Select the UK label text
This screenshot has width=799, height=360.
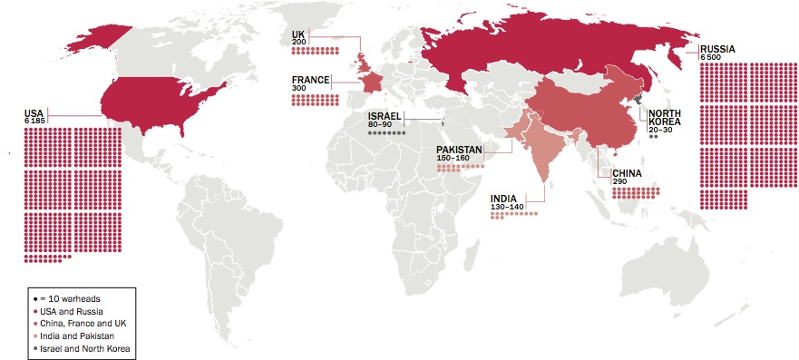pyautogui.click(x=297, y=34)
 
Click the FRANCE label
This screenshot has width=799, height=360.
pyautogui.click(x=310, y=80)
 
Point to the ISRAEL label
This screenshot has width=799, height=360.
pyautogui.click(x=385, y=117)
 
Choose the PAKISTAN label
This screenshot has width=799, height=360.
pyautogui.click(x=458, y=150)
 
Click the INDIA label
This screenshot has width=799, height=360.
pyautogui.click(x=504, y=199)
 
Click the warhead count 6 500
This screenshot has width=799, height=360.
pyautogui.click(x=712, y=57)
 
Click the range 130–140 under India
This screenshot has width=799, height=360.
pyautogui.click(x=507, y=208)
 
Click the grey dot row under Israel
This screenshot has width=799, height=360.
pyautogui.click(x=387, y=133)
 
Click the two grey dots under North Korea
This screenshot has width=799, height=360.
pyautogui.click(x=652, y=136)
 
